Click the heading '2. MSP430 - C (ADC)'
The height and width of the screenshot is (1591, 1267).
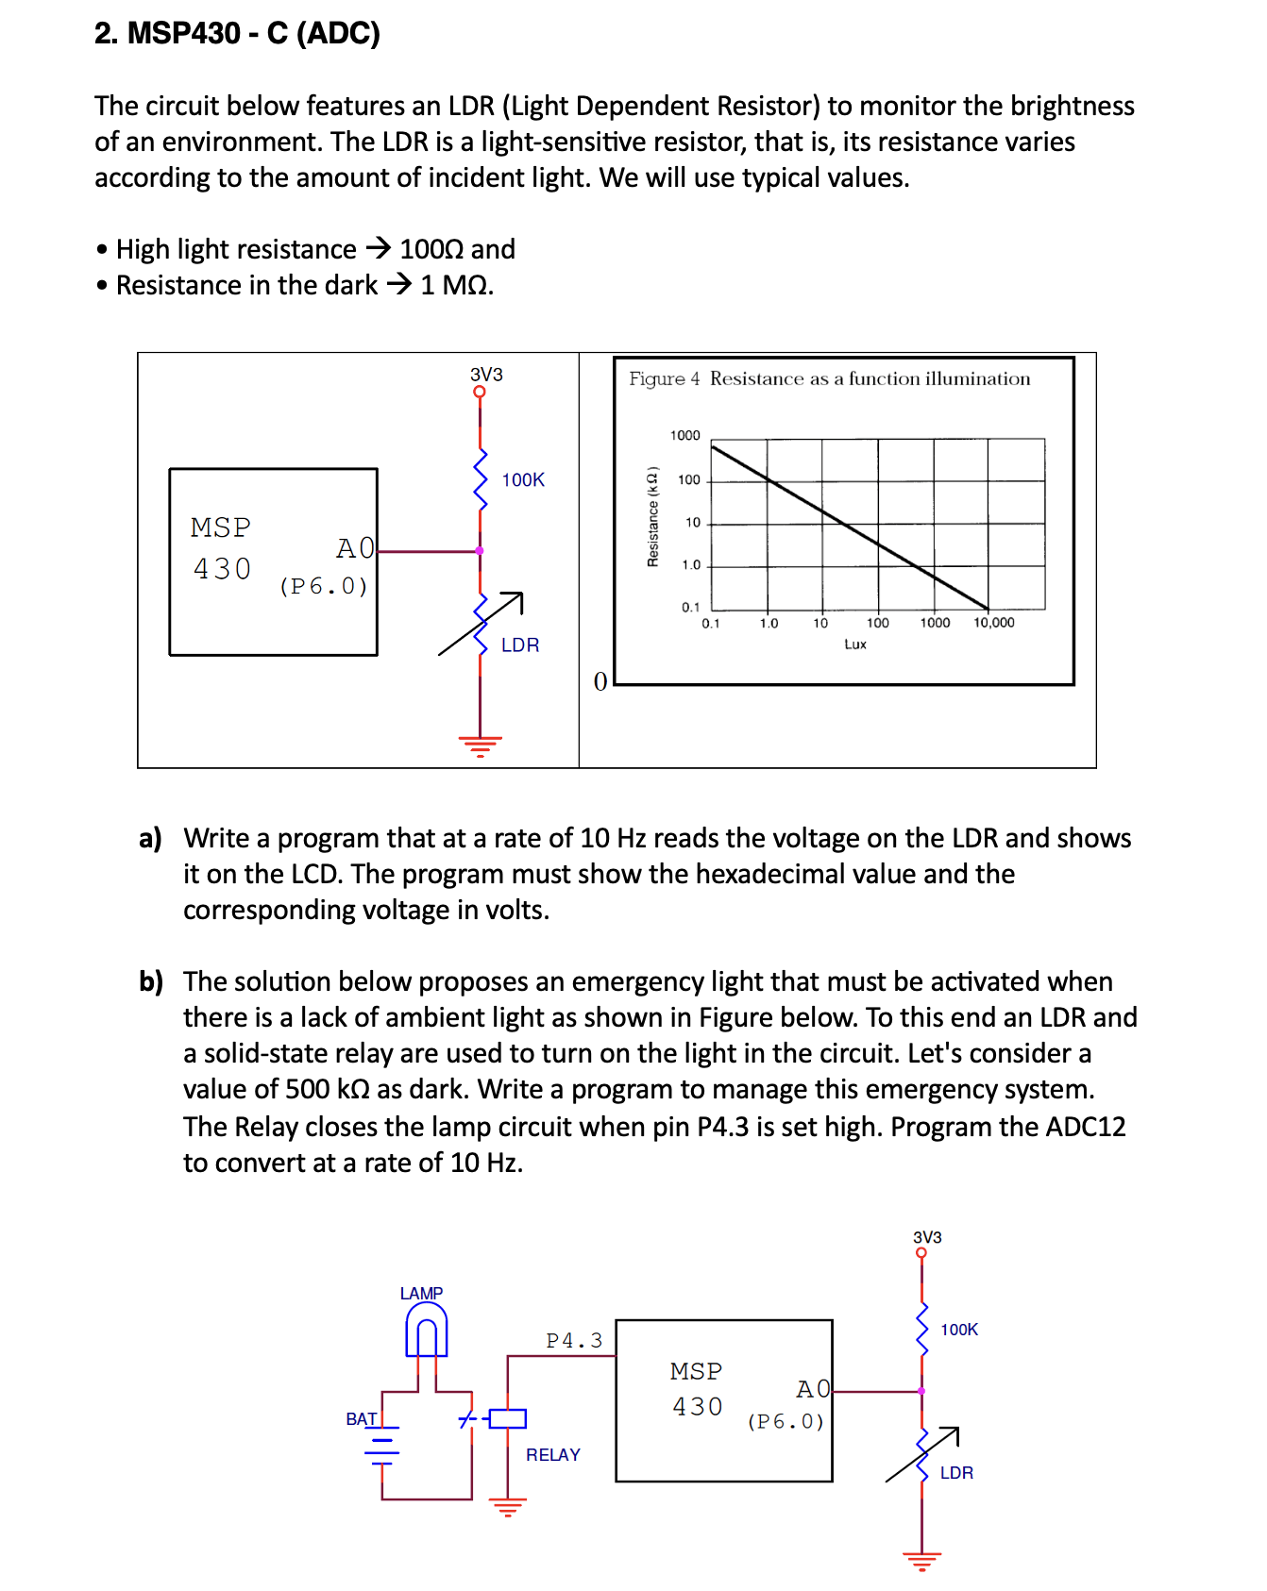pyautogui.click(x=237, y=33)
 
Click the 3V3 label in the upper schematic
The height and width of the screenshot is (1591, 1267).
pyautogui.click(x=486, y=375)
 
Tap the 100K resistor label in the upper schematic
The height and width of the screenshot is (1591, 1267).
pyautogui.click(x=523, y=479)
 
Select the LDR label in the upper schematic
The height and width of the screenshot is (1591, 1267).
pyautogui.click(x=520, y=645)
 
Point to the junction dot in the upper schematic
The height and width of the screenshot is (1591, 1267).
pyautogui.click(x=480, y=550)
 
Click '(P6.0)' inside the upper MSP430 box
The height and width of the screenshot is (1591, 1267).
pyautogui.click(x=324, y=586)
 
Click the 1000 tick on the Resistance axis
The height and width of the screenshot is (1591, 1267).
pyautogui.click(x=684, y=435)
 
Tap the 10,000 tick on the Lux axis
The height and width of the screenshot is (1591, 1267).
pyautogui.click(x=994, y=623)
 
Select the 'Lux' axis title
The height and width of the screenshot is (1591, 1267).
pyautogui.click(x=855, y=645)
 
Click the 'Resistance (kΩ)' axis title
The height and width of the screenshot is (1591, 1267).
pyautogui.click(x=651, y=516)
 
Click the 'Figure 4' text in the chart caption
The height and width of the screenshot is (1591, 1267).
pyautogui.click(x=664, y=378)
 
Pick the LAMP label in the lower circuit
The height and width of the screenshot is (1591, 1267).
pyautogui.click(x=421, y=1293)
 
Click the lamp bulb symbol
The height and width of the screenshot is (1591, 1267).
pyautogui.click(x=427, y=1332)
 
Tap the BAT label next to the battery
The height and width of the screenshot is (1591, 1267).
pyautogui.click(x=361, y=1418)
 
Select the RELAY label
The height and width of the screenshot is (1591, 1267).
pyautogui.click(x=553, y=1454)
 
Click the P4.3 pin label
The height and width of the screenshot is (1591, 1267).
pyautogui.click(x=574, y=1340)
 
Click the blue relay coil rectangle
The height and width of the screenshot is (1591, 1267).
pyautogui.click(x=508, y=1418)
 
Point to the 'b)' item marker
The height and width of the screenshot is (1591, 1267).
pyautogui.click(x=151, y=981)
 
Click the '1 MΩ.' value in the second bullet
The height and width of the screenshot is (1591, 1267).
pyautogui.click(x=457, y=285)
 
